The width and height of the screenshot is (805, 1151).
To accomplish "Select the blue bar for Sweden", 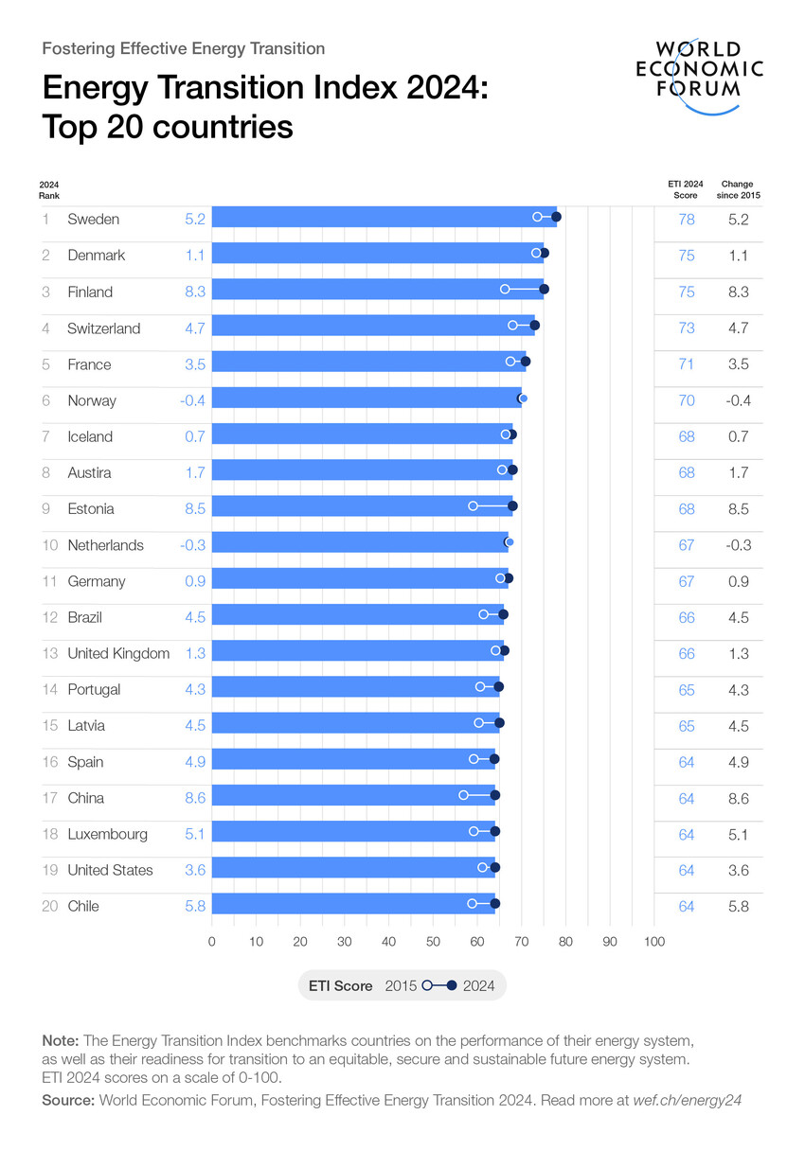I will tap(379, 218).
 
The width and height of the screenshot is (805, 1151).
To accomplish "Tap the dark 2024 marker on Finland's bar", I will tap(544, 289).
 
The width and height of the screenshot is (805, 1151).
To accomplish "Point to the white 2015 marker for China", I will tap(463, 795).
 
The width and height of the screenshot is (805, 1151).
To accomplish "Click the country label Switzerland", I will tap(104, 328).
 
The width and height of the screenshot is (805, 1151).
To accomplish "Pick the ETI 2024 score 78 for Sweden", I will tap(687, 220).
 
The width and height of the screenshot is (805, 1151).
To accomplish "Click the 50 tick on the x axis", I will tap(433, 942).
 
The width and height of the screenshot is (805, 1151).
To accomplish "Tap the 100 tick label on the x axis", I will tap(653, 942).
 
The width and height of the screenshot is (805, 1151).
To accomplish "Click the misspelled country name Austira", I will tap(90, 473).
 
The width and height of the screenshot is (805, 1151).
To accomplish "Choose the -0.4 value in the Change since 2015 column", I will tap(738, 400).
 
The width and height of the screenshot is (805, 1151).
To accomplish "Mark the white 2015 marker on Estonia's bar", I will tap(473, 506).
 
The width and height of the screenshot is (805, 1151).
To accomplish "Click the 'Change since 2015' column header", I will tap(738, 189).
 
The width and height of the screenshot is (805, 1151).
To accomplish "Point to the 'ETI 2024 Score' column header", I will tap(686, 189).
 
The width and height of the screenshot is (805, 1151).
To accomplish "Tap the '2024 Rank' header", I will tap(49, 189).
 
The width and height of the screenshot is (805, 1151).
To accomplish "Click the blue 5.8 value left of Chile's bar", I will tap(195, 907).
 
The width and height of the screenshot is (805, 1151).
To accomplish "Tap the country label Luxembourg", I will tap(108, 835).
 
